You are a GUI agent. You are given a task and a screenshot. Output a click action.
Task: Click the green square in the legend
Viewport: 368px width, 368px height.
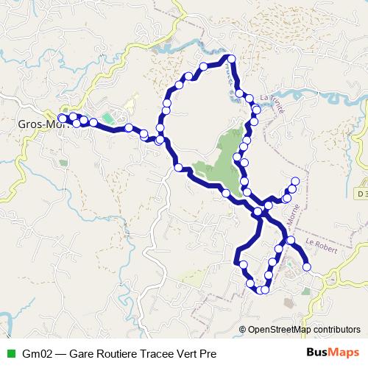click(x=10, y=352)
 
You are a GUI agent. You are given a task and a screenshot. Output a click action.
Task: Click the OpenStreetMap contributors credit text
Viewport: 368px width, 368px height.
click(x=304, y=330)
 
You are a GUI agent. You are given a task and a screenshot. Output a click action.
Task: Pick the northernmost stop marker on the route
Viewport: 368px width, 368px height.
click(x=230, y=59)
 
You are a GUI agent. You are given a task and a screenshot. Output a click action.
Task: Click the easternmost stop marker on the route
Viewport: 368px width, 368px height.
click(x=307, y=266)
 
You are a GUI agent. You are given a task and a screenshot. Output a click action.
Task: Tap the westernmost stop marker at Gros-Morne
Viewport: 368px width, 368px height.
click(x=62, y=118)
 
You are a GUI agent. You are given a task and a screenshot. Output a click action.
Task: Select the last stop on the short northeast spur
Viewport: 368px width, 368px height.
click(x=296, y=181)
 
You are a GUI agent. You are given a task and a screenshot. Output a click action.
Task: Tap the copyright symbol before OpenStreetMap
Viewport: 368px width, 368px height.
click(x=244, y=330)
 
